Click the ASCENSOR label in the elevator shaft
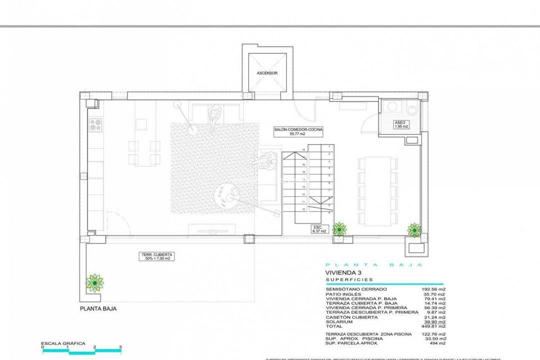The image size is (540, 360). (267, 73)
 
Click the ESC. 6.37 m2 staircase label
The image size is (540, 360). (319, 229)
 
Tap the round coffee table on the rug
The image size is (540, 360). (227, 195)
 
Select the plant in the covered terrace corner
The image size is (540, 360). (94, 283)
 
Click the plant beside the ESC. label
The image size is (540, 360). (339, 229)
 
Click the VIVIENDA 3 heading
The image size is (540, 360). (342, 272)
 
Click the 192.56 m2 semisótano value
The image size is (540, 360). (434, 289)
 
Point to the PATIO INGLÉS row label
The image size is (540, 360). (343, 294)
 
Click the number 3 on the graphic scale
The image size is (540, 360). (120, 346)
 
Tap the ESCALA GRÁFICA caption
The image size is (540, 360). (63, 343)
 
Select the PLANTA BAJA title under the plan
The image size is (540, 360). (98, 309)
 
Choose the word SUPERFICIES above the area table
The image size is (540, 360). (348, 280)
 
